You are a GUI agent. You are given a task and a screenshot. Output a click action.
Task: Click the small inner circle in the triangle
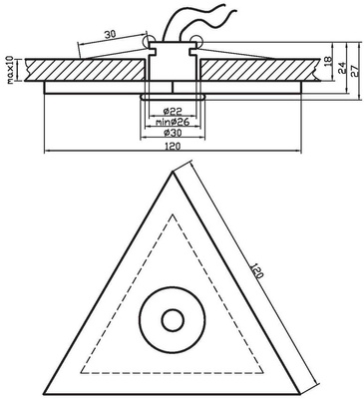pyautogui.click(x=173, y=321)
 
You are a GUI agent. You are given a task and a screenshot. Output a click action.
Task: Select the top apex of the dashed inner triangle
pyautogui.click(x=173, y=213)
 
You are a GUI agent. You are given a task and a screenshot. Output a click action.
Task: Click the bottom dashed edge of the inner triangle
pyautogui.click(x=173, y=371)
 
